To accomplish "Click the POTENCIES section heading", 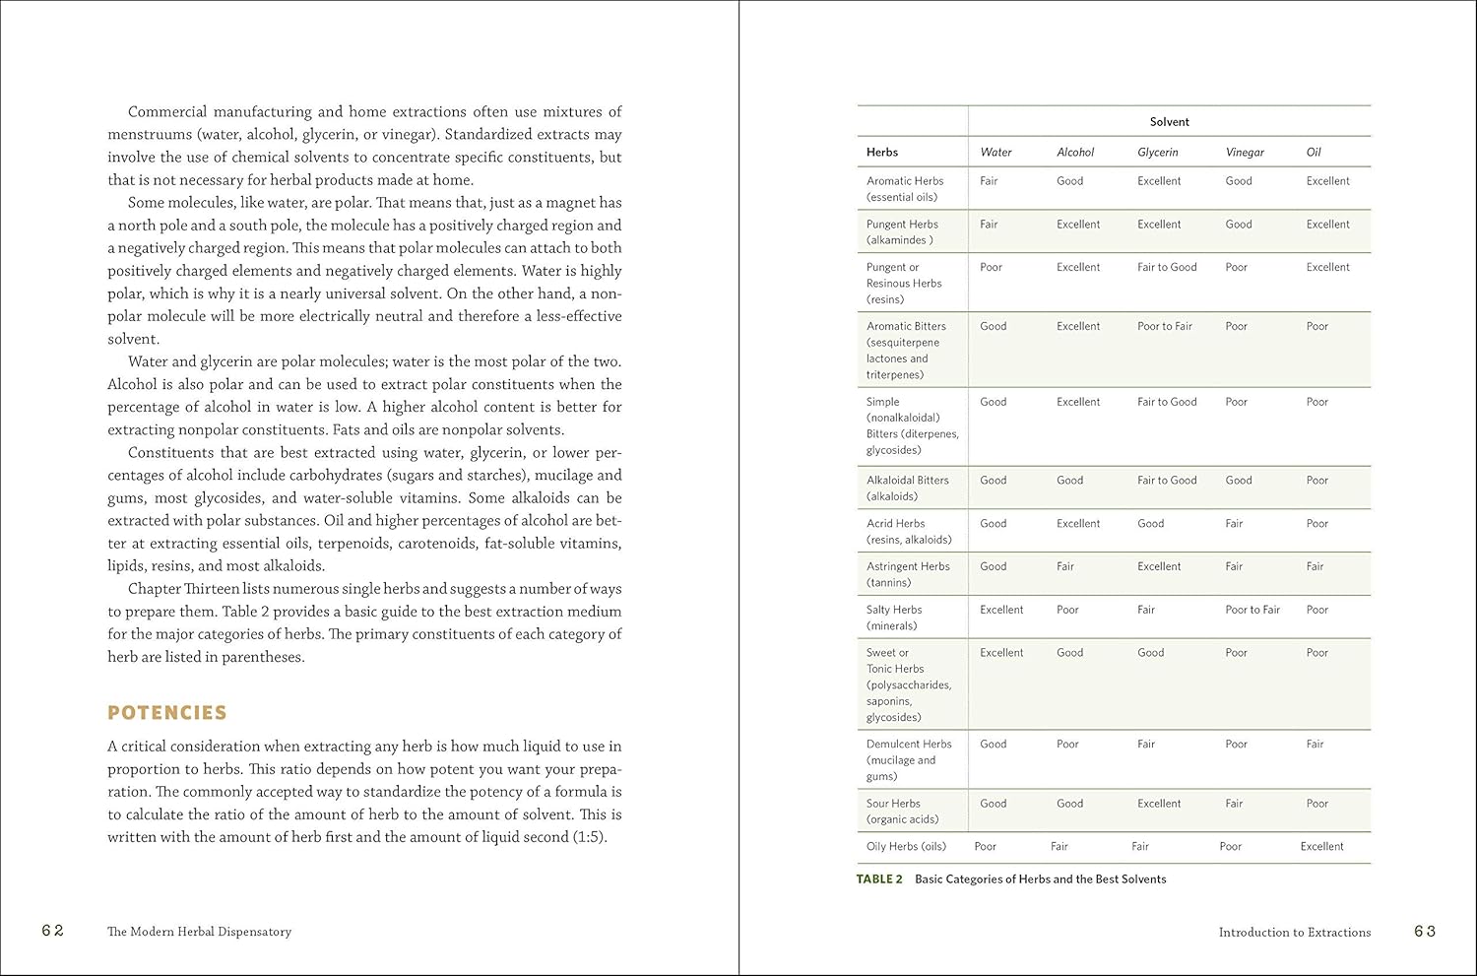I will [166, 712].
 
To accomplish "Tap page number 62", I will [53, 931].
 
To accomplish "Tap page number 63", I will [1425, 931].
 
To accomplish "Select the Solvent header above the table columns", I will [1169, 122].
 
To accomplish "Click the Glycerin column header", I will [1157, 152].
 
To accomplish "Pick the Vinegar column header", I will [1245, 152].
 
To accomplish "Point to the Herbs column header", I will [882, 152].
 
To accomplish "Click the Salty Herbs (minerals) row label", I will [894, 618].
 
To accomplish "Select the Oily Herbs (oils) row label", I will [906, 846].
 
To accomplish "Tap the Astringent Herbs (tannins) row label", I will [908, 574].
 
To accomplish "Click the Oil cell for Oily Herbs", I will [1321, 846].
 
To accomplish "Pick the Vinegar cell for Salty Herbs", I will [1252, 610].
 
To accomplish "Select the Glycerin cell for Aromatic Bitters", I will [1164, 326].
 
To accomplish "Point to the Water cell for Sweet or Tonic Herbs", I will [1001, 652].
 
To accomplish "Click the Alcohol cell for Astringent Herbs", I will [1065, 566].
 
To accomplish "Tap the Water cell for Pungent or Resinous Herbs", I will [991, 267].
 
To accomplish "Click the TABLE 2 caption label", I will [879, 878].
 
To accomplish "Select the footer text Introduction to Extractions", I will [1294, 932].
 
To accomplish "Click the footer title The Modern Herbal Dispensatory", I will [199, 932].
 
